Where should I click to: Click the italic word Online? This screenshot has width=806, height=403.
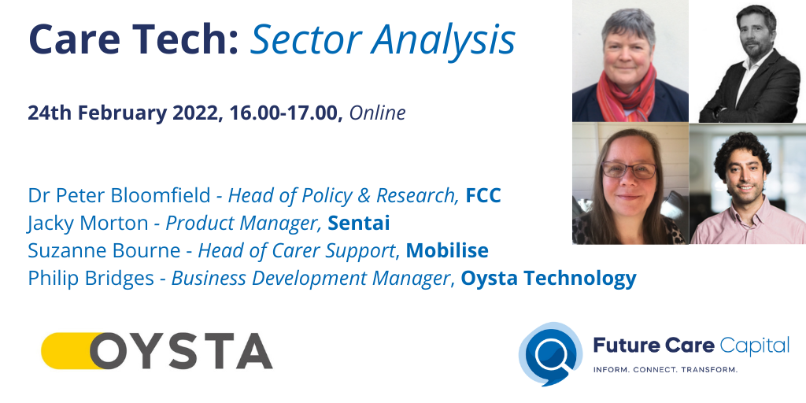[x=377, y=113]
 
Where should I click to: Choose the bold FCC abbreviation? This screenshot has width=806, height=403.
[x=482, y=195]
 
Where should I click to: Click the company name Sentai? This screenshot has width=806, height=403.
[x=359, y=224]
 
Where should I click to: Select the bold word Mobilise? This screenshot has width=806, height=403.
[x=447, y=251]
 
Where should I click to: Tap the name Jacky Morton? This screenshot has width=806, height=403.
[x=87, y=224]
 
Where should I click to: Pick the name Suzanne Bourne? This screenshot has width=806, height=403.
[x=104, y=251]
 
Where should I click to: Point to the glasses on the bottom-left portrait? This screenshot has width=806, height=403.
[x=629, y=169]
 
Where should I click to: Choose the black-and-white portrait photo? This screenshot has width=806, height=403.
[x=747, y=61]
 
